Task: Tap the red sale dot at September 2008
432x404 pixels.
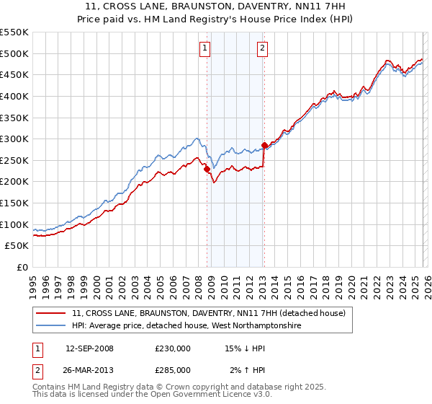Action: coord(207,170)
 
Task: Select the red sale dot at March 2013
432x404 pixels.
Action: coord(264,146)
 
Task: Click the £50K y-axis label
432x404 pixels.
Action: coord(17,246)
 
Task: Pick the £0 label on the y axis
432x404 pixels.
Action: coord(23,268)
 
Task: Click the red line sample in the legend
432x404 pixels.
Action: coord(51,314)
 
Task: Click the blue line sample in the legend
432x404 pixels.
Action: coord(51,326)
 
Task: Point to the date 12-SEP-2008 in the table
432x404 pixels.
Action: coord(89,348)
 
